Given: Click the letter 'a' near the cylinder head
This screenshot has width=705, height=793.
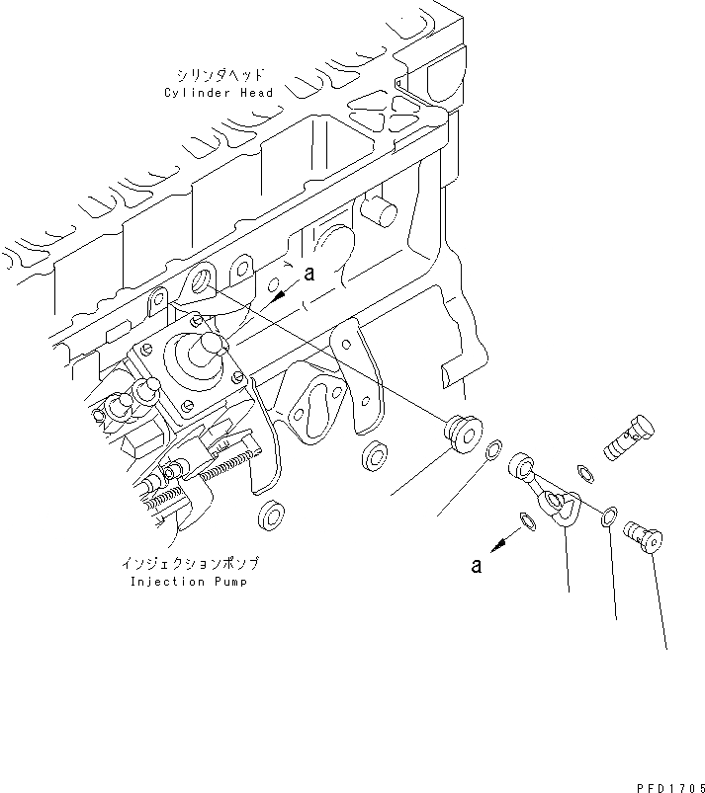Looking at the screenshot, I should tap(308, 276).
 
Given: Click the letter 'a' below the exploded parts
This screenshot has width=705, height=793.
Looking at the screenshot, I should tap(476, 565).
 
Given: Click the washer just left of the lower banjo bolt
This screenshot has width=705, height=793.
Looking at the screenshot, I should tap(611, 514).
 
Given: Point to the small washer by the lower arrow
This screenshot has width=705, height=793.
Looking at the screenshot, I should tap(527, 519).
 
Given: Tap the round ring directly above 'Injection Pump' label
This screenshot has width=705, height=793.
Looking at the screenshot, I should tap(268, 514).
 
